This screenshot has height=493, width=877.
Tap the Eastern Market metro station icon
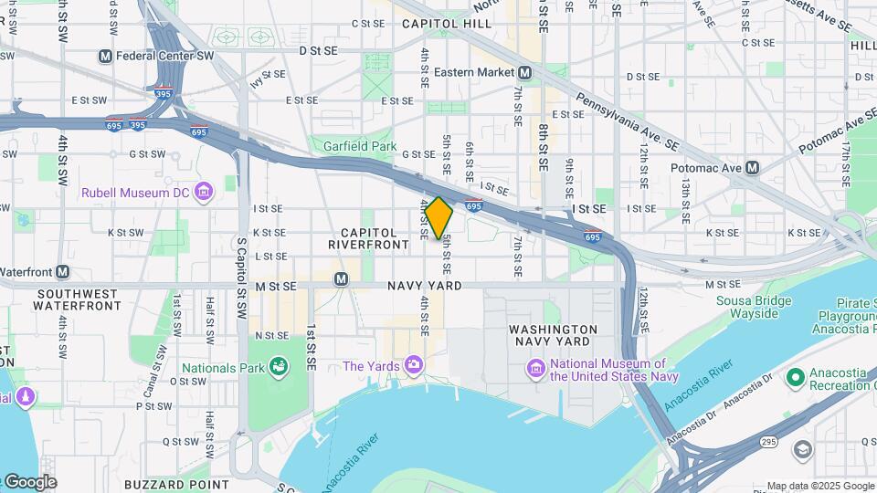pyautogui.click(x=524, y=72)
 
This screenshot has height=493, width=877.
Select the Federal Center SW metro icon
pyautogui.click(x=105, y=57)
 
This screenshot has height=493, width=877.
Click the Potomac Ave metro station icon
pyautogui.click(x=752, y=168)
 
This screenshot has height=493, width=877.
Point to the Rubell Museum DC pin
pyautogui.click(x=205, y=192)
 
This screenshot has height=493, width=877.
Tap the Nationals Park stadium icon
pyautogui.click(x=278, y=368)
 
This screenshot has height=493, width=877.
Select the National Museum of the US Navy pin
pyautogui.click(x=535, y=368)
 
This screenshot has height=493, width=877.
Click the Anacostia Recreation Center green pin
pyautogui.click(x=795, y=376)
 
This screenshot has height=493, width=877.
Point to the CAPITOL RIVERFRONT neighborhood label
pyautogui.click(x=369, y=239)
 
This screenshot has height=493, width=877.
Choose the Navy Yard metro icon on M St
pyautogui.click(x=341, y=279)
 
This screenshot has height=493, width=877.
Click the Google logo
pyautogui.click(x=30, y=481)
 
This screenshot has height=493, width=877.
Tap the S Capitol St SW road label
pyautogui.click(x=241, y=265)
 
